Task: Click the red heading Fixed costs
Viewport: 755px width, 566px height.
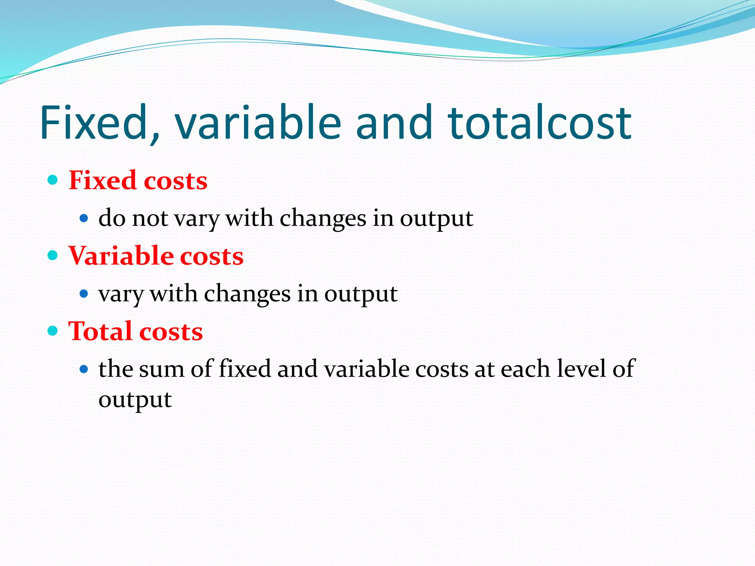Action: pyautogui.click(x=138, y=181)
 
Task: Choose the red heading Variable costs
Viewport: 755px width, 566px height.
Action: pyautogui.click(x=156, y=256)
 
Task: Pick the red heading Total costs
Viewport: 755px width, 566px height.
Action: pyautogui.click(x=135, y=331)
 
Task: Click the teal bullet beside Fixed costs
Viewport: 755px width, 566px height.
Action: pyautogui.click(x=53, y=180)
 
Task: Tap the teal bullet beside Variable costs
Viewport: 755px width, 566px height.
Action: pyautogui.click(x=53, y=255)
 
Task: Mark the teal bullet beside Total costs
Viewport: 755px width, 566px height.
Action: pyautogui.click(x=53, y=331)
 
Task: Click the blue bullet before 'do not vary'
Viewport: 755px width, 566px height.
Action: pyautogui.click(x=84, y=219)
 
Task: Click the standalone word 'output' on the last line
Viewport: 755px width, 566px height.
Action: pyautogui.click(x=135, y=400)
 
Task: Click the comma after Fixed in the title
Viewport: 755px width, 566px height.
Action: pyautogui.click(x=155, y=138)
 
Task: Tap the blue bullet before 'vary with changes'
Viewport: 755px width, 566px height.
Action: pyautogui.click(x=84, y=294)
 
